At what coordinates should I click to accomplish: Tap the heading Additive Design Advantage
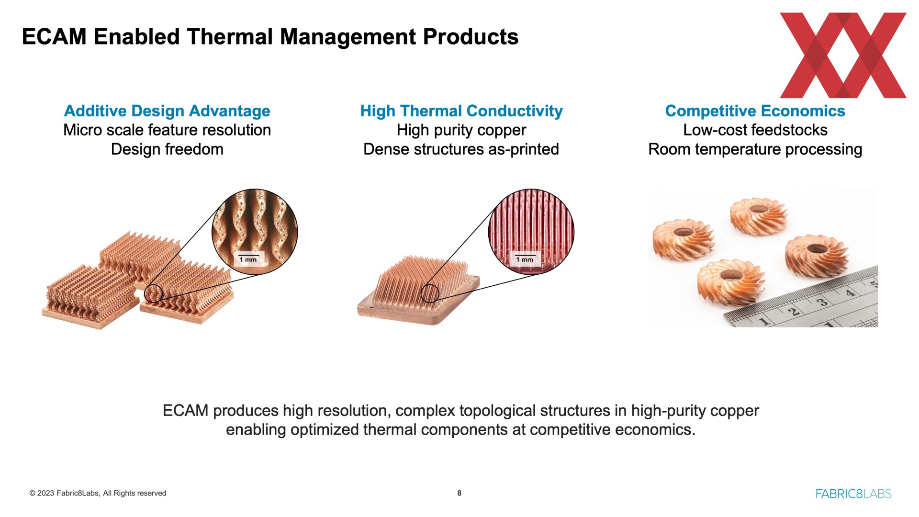coord(167,111)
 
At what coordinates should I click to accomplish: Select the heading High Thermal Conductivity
coord(461,111)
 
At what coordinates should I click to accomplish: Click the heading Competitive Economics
coord(755,111)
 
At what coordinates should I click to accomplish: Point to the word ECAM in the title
coord(54,37)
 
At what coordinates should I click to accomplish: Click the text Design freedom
coord(167,149)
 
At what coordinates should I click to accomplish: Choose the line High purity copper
coord(461,130)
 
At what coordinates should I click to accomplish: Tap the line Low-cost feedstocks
coord(755,130)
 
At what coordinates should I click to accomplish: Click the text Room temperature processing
coord(755,149)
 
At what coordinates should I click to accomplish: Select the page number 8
coord(459,493)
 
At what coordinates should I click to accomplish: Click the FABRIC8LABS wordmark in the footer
coord(853,494)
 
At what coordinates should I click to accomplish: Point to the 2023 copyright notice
coord(98,493)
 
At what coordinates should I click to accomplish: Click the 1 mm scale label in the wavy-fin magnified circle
coord(248,259)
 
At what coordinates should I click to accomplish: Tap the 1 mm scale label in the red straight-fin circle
coord(525,259)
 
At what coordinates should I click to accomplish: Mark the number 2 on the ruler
coord(793,312)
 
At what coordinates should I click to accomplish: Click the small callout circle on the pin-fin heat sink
coord(430,293)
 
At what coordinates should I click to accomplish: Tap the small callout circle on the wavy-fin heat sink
coord(154,293)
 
